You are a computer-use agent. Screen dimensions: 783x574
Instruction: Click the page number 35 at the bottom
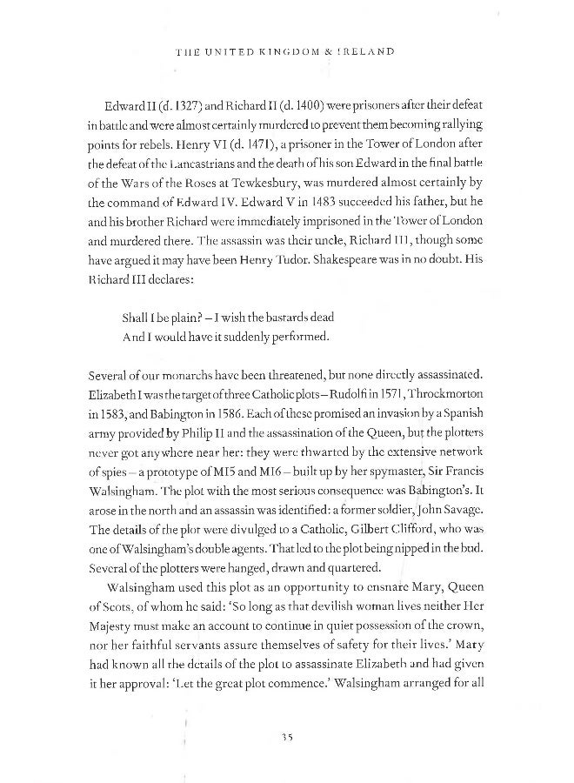(287, 736)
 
